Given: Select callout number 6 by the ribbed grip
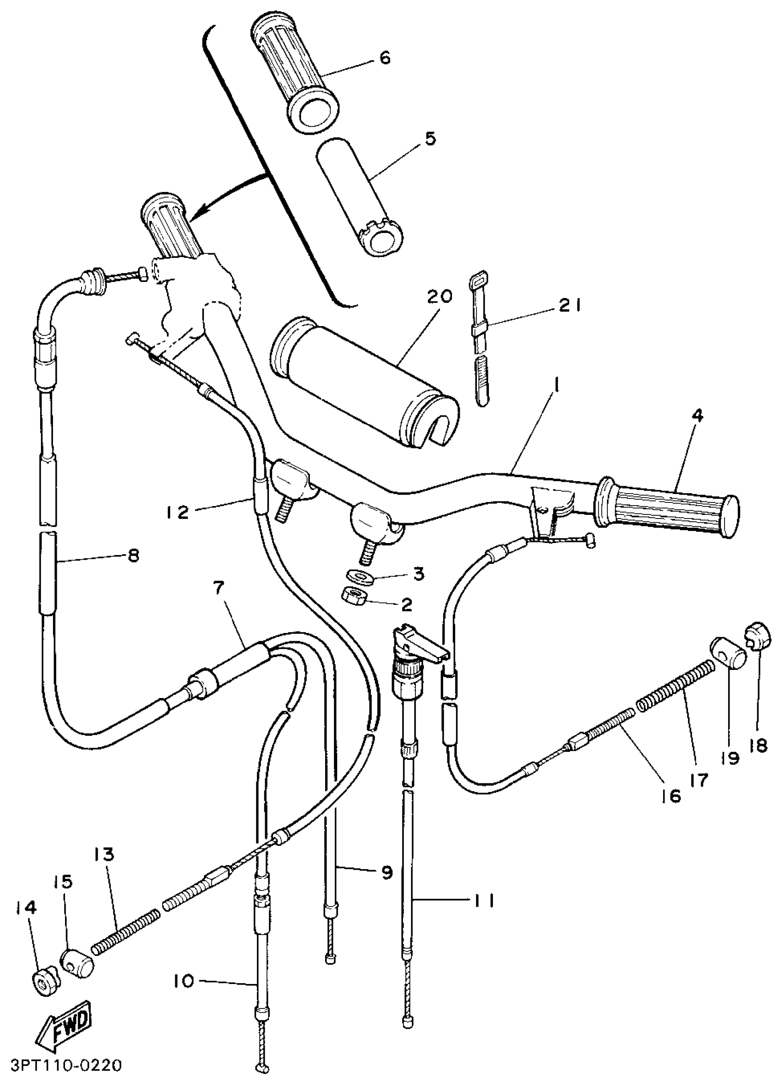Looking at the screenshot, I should (x=384, y=58).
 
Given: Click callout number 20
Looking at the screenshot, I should (x=440, y=298).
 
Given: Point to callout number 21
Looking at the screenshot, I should (x=570, y=305).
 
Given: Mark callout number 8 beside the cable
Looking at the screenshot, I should (x=134, y=555).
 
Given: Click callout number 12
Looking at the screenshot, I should (x=177, y=513).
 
